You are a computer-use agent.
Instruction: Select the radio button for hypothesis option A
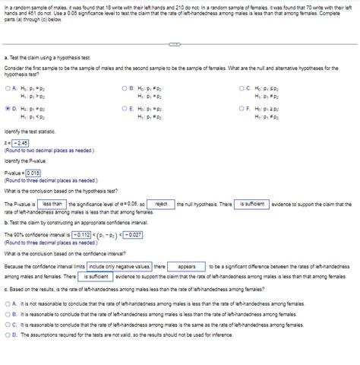pos(7,88)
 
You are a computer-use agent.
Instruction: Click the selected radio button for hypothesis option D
pos(7,109)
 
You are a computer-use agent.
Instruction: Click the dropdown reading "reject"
pos(161,205)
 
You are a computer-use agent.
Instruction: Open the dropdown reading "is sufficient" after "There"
pos(252,205)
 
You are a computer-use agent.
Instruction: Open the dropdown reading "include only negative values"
pos(118,267)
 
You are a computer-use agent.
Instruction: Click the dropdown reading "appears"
pos(187,267)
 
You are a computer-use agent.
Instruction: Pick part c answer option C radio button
pos(7,324)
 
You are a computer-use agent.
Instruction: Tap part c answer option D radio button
pos(7,334)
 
